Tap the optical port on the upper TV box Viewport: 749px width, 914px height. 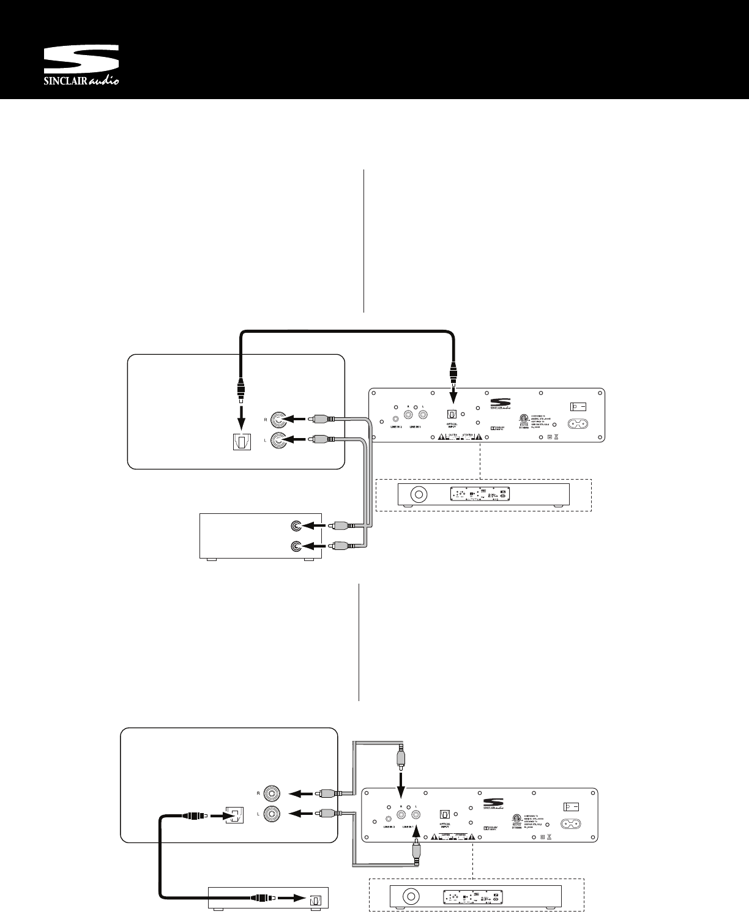click(x=242, y=442)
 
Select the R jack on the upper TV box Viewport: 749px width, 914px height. click(x=280, y=420)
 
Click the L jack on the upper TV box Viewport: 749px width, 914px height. click(x=280, y=440)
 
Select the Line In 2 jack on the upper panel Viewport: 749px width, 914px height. click(x=396, y=420)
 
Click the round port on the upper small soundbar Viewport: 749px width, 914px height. click(x=419, y=494)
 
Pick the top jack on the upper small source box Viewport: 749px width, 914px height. click(x=296, y=526)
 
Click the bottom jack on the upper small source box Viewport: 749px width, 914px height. click(x=296, y=546)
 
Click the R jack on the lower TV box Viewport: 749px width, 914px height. click(x=270, y=794)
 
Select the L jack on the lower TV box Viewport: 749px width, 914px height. click(x=270, y=814)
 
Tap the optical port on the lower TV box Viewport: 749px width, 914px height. click(x=234, y=816)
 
